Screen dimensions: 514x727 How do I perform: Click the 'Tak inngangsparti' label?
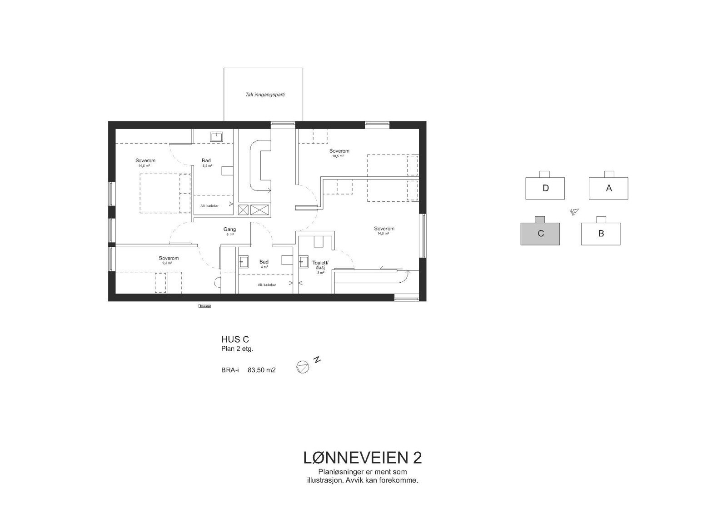[x=265, y=95]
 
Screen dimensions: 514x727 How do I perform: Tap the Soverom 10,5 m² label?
[x=339, y=153]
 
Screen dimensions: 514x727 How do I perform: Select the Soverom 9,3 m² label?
[x=169, y=260]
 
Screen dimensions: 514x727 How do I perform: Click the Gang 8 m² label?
[x=229, y=231]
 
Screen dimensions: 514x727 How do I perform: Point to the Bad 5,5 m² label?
[x=206, y=163]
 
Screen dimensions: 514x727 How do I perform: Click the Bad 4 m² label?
[x=264, y=264]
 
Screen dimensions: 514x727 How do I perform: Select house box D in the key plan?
[x=545, y=188]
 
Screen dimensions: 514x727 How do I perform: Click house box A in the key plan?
[x=608, y=188]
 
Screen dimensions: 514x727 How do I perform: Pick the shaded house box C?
[x=540, y=234]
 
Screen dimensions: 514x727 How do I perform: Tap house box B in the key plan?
[x=601, y=234]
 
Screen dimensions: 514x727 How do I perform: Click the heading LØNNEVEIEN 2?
[x=362, y=458]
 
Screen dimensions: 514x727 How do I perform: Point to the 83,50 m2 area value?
[x=261, y=370]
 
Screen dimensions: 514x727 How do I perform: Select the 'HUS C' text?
[x=235, y=339]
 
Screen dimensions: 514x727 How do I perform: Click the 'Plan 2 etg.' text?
[x=237, y=349]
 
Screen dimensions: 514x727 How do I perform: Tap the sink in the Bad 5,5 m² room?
[x=216, y=136]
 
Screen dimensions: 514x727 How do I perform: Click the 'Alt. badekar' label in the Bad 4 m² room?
[x=267, y=284]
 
